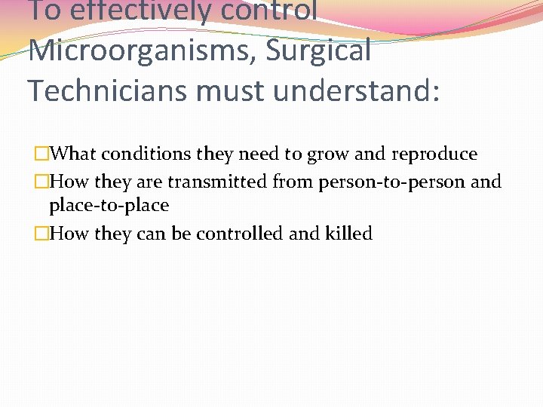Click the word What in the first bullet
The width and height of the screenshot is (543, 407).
pyautogui.click(x=77, y=155)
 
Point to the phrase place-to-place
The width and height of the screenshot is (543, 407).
pyautogui.click(x=109, y=206)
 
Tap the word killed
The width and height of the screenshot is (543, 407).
pyautogui.click(x=348, y=234)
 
